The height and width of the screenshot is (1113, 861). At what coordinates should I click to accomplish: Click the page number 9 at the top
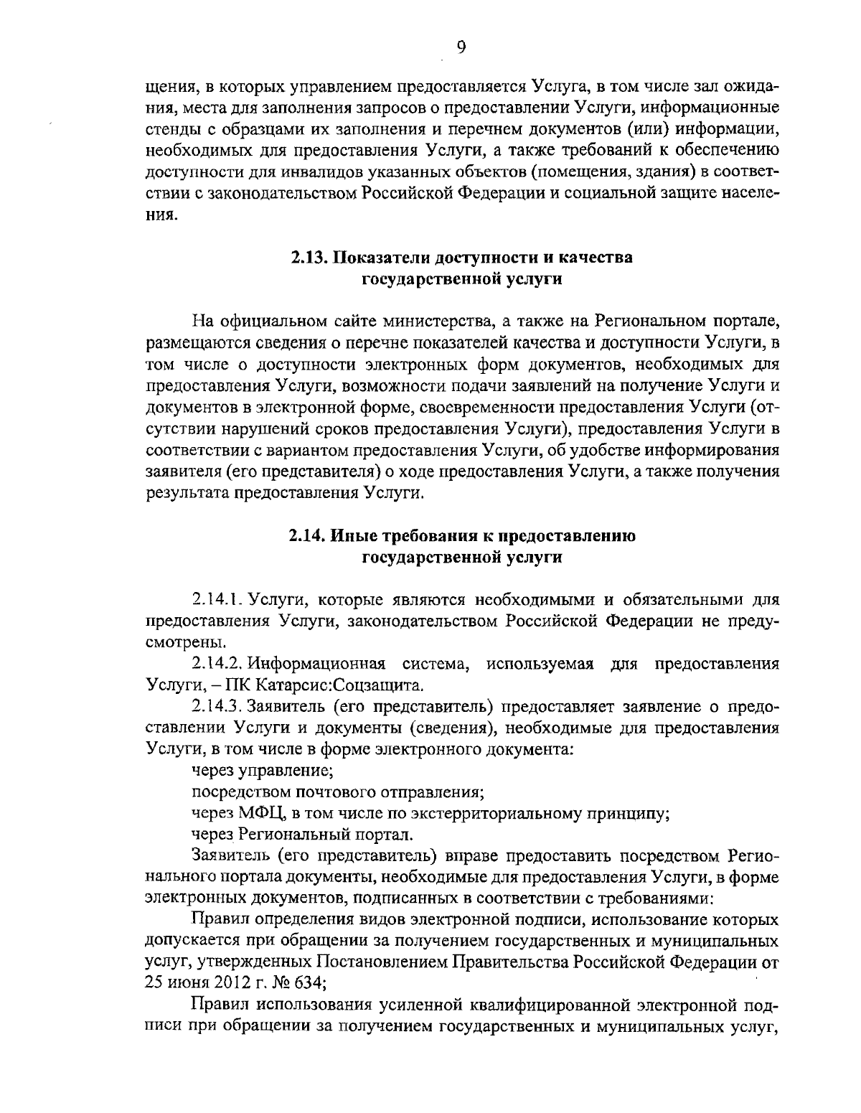click(x=461, y=47)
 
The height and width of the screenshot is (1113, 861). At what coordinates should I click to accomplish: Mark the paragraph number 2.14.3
click(x=218, y=706)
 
